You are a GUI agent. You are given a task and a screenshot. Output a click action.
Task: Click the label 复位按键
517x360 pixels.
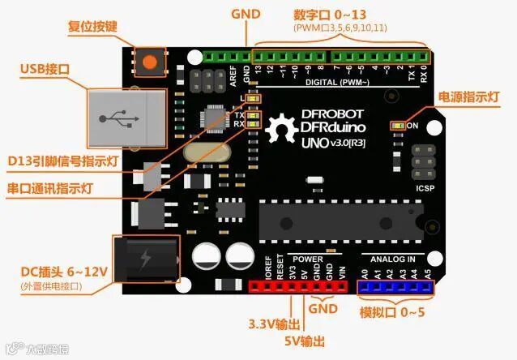pyautogui.click(x=92, y=27)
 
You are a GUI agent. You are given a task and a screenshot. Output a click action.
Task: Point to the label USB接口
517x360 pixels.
pyautogui.click(x=45, y=70)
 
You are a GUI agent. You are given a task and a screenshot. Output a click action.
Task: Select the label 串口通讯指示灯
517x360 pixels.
pyautogui.click(x=49, y=189)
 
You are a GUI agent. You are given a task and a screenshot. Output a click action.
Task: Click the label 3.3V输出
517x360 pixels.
pyautogui.click(x=272, y=324)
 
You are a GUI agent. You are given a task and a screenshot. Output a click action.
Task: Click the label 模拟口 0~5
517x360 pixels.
pyautogui.click(x=391, y=312)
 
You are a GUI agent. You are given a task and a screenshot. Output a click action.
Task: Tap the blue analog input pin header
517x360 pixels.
pyautogui.click(x=395, y=286)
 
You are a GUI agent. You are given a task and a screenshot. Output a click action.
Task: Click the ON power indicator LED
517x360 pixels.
pyautogui.click(x=397, y=126)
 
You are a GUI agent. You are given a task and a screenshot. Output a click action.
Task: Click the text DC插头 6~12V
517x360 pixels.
pyautogui.click(x=64, y=272)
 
